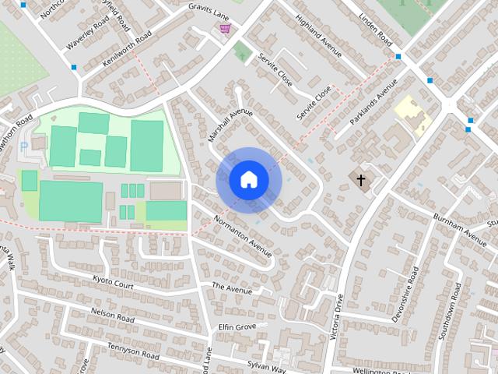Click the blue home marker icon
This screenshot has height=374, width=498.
(248, 179)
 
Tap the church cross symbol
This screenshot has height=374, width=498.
(360, 181)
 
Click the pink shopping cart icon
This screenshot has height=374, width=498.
(225, 30)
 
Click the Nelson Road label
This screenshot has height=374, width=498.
(113, 315)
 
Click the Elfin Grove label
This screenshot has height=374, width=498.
(237, 326)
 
